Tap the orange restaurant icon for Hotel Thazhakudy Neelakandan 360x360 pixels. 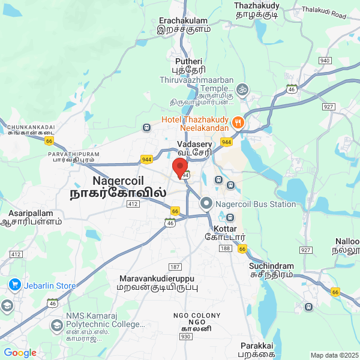[x=238, y=122]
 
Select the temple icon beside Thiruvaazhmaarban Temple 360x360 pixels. [x=242, y=89]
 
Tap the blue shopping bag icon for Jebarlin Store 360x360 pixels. [x=14, y=286]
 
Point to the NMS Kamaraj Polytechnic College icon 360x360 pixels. [x=57, y=325]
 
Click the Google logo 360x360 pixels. [x=20, y=353]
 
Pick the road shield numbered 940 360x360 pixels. [x=325, y=61]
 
